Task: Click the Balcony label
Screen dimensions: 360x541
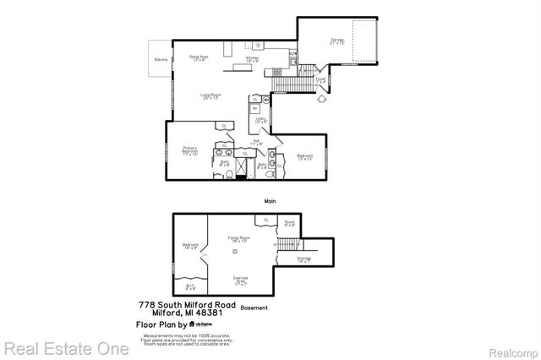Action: coord(161,60)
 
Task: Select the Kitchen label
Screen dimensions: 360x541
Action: coord(252,59)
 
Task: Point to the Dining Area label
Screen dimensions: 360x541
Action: coord(199,58)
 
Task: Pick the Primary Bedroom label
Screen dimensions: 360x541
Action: coord(189,150)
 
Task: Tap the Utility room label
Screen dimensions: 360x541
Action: coord(261,121)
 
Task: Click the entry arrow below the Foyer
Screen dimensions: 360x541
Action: coord(320,98)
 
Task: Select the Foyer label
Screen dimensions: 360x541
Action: coord(321,79)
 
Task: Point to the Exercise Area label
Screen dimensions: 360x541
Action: coord(240,280)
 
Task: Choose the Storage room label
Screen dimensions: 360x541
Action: coord(303,260)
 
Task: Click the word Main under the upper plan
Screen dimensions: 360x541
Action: coord(270,200)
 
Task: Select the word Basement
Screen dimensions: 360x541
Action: coord(254,308)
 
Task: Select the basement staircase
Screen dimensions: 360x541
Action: coord(288,244)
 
